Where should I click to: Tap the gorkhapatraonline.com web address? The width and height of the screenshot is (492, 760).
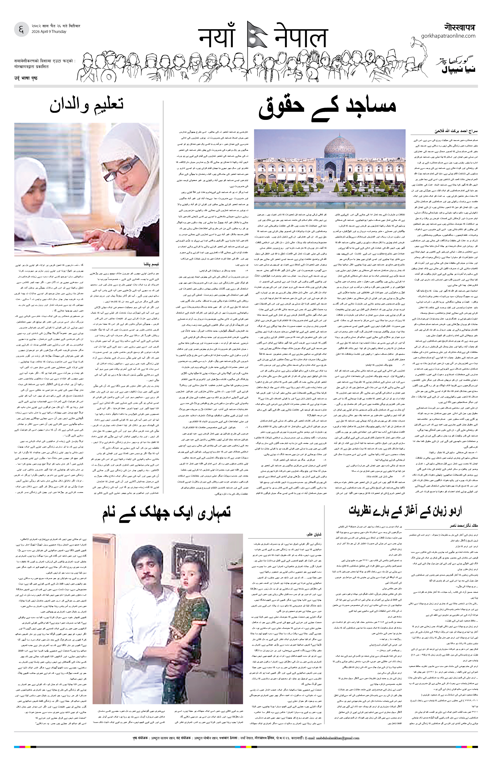pos(448,36)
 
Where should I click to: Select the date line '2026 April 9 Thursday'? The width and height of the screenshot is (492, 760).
pos(49,32)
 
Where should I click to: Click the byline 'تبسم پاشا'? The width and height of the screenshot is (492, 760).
pos(151,264)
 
